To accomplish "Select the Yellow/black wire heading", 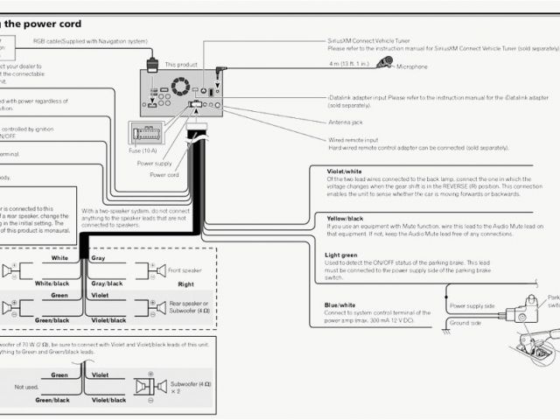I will click(x=345, y=217).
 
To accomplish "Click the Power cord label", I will click(x=164, y=174).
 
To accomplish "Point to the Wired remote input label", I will click(x=353, y=139).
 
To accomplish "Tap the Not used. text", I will click(x=27, y=386).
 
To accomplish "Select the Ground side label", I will click(x=465, y=323).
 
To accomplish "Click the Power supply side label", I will click(x=472, y=305).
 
